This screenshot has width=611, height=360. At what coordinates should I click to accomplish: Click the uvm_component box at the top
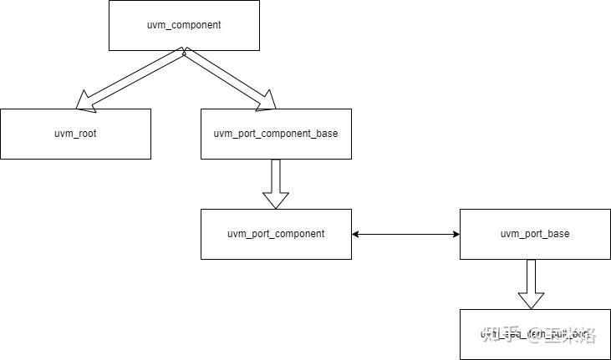pyautogui.click(x=184, y=25)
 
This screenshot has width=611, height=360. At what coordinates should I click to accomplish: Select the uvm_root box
pyautogui.click(x=75, y=134)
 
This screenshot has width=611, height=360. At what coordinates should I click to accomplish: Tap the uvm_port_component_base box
pyautogui.click(x=276, y=134)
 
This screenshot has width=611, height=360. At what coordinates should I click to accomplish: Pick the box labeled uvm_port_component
pyautogui.click(x=276, y=234)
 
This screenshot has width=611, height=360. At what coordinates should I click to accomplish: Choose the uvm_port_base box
pyautogui.click(x=535, y=234)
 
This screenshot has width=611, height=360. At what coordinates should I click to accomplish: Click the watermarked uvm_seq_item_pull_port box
pyautogui.click(x=535, y=334)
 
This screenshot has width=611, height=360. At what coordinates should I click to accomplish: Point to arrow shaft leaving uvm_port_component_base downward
pyautogui.click(x=276, y=175)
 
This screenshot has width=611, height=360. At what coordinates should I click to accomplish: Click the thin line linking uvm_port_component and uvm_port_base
pyautogui.click(x=405, y=234)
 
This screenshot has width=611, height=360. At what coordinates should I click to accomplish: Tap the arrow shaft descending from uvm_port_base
pyautogui.click(x=531, y=276)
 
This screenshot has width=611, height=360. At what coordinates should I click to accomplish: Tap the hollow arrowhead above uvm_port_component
pyautogui.click(x=276, y=200)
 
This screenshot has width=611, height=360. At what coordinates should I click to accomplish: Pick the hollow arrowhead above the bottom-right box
pyautogui.click(x=531, y=300)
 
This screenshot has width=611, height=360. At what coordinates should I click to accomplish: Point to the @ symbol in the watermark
pyautogui.click(x=532, y=335)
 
